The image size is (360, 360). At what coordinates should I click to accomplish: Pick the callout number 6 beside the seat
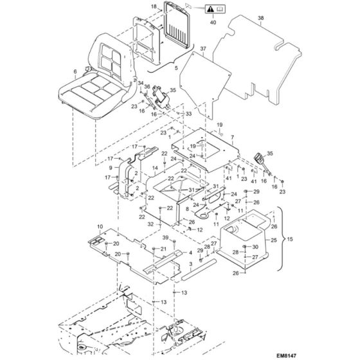pos(75,71)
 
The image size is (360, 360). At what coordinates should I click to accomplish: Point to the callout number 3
pos(172,264)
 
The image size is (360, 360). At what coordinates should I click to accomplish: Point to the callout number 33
pos(189,114)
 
